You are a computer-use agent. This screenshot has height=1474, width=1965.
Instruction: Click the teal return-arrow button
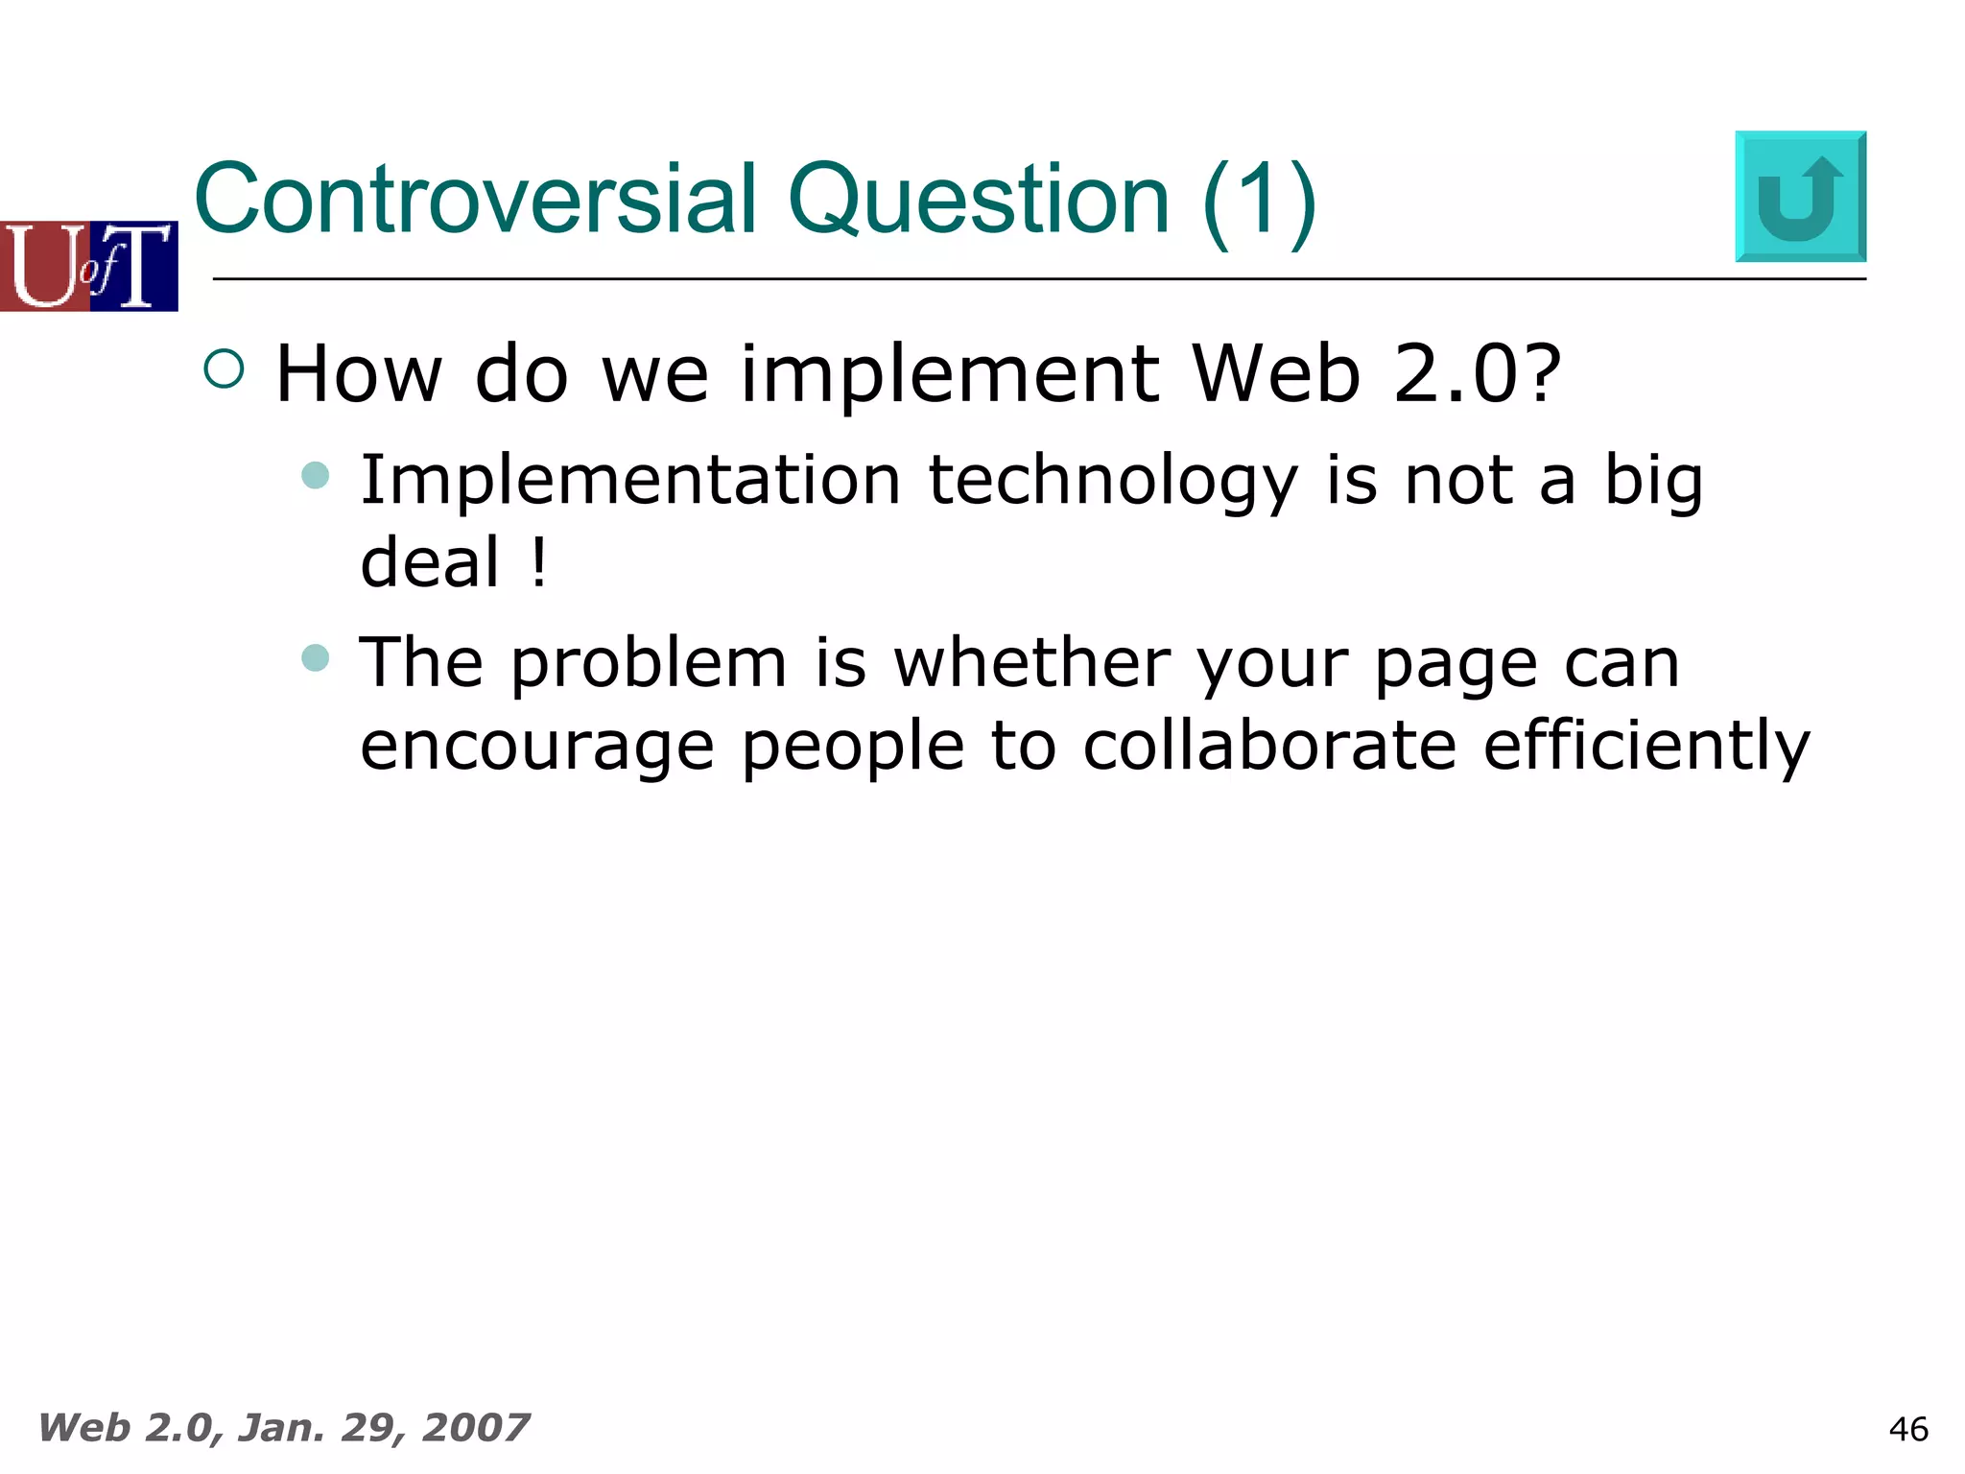(x=1800, y=197)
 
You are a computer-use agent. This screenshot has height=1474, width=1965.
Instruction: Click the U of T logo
(x=88, y=266)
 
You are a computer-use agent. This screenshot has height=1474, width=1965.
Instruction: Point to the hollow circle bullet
(x=225, y=368)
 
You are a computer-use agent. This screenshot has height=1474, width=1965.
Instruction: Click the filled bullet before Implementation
(x=316, y=475)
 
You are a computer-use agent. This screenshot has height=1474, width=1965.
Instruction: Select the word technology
(x=1113, y=482)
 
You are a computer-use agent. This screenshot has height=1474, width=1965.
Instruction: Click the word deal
(x=430, y=562)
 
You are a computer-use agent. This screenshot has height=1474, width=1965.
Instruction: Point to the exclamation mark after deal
(x=539, y=562)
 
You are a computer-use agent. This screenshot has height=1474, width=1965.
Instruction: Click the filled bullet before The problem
(x=316, y=657)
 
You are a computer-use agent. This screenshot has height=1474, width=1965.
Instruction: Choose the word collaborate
(x=1269, y=747)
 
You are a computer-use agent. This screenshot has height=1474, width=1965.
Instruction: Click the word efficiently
(x=1645, y=747)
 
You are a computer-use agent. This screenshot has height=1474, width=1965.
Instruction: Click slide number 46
(x=1907, y=1429)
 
